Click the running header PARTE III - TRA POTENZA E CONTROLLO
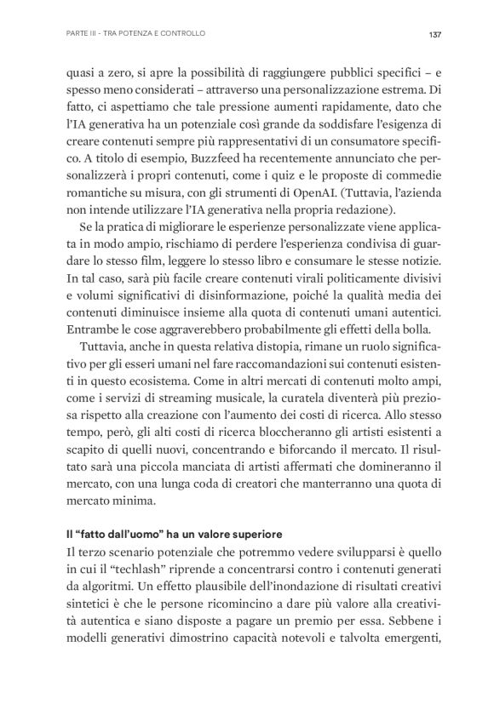click(135, 34)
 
